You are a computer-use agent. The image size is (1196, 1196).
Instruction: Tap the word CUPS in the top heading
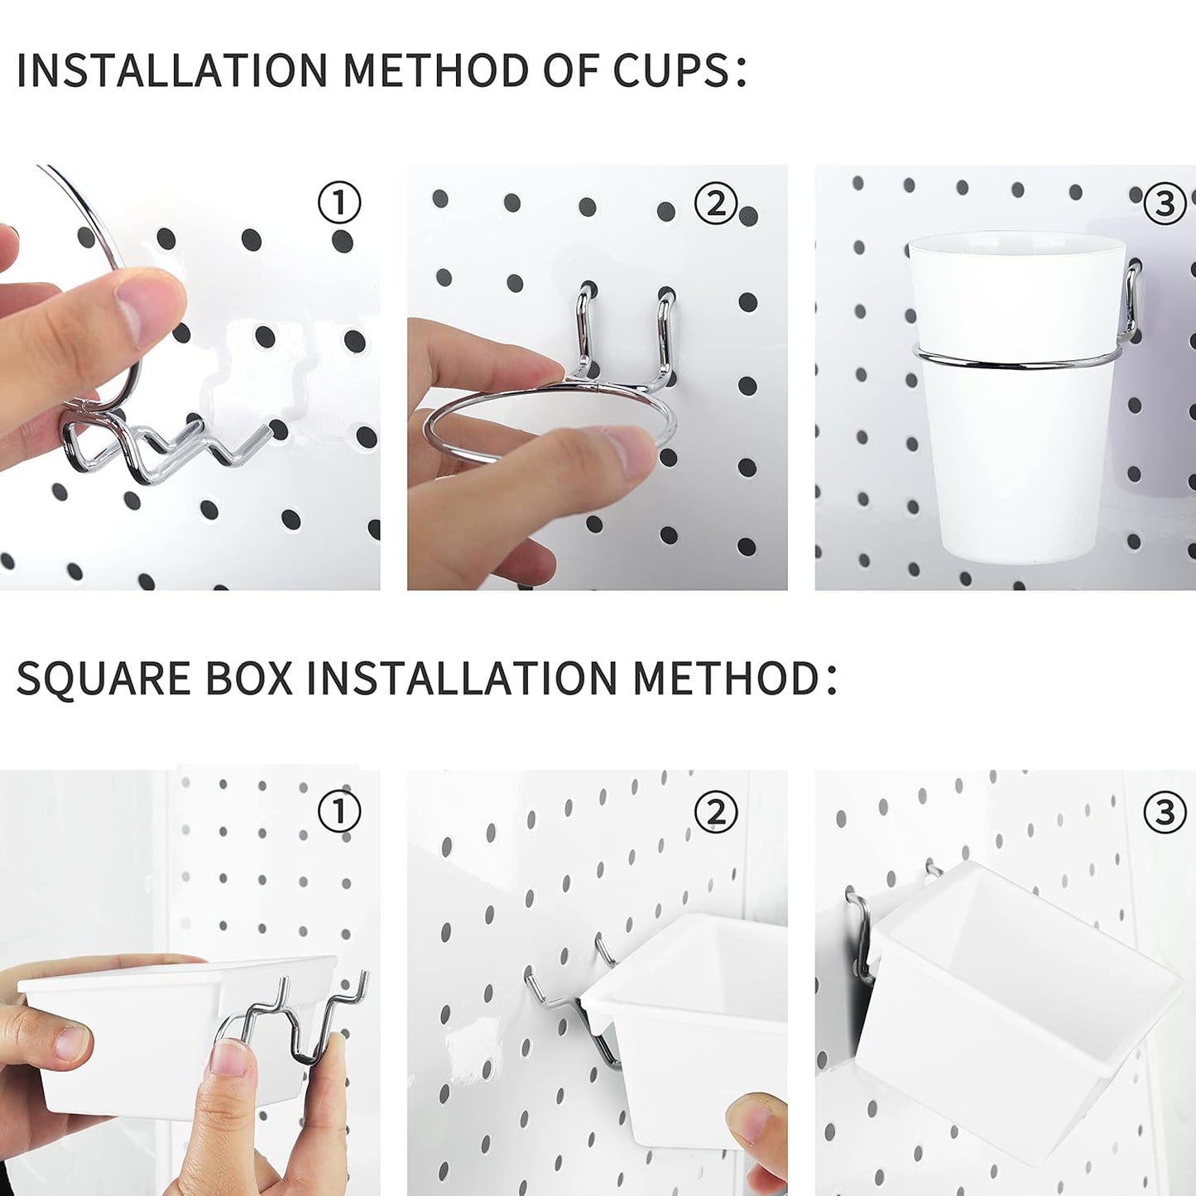click(671, 70)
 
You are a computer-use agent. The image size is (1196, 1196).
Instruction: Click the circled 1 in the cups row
click(339, 203)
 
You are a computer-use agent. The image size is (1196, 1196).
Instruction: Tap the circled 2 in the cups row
click(716, 203)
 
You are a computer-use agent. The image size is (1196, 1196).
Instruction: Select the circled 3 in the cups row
click(1164, 203)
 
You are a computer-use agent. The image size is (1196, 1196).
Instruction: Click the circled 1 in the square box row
click(339, 812)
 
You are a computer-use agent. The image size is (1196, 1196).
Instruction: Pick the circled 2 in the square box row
click(716, 812)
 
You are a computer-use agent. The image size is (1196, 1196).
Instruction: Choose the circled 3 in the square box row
click(1164, 812)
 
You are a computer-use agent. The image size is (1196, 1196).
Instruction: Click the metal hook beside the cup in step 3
click(1131, 302)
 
